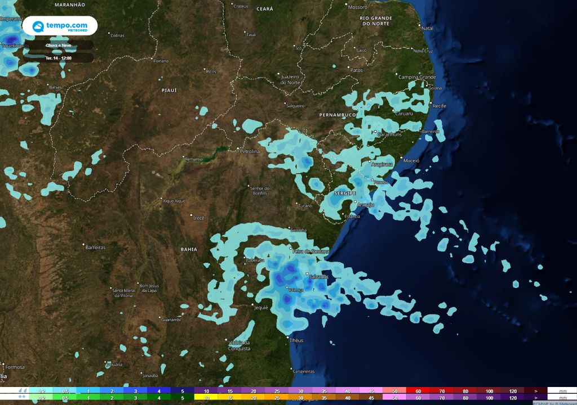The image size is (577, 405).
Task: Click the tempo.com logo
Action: click(60, 26)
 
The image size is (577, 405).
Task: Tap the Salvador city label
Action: click(319, 277)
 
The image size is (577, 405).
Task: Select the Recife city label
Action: click(439, 106)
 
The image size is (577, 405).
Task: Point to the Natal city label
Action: click(428, 28)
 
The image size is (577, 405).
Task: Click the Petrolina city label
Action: click(250, 151)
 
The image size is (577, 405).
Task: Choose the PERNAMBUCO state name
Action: click(338, 115)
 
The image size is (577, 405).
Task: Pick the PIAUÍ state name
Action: click(169, 90)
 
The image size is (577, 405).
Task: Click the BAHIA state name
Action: click(189, 249)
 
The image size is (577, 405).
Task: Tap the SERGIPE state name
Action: click(345, 193)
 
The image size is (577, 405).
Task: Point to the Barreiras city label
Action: click(96, 247)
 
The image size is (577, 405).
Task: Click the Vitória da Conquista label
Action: click(239, 345)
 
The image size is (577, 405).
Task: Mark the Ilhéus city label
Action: click(296, 340)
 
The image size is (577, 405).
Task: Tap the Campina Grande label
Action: click(418, 76)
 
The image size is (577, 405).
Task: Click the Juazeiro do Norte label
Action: click(290, 79)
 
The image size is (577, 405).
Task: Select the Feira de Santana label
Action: click(312, 251)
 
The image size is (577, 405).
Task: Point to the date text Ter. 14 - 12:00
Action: click(58, 57)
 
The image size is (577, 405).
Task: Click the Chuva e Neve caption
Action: click(58, 45)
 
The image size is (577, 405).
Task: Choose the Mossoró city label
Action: click(357, 7)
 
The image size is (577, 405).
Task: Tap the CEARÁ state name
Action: click(264, 9)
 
